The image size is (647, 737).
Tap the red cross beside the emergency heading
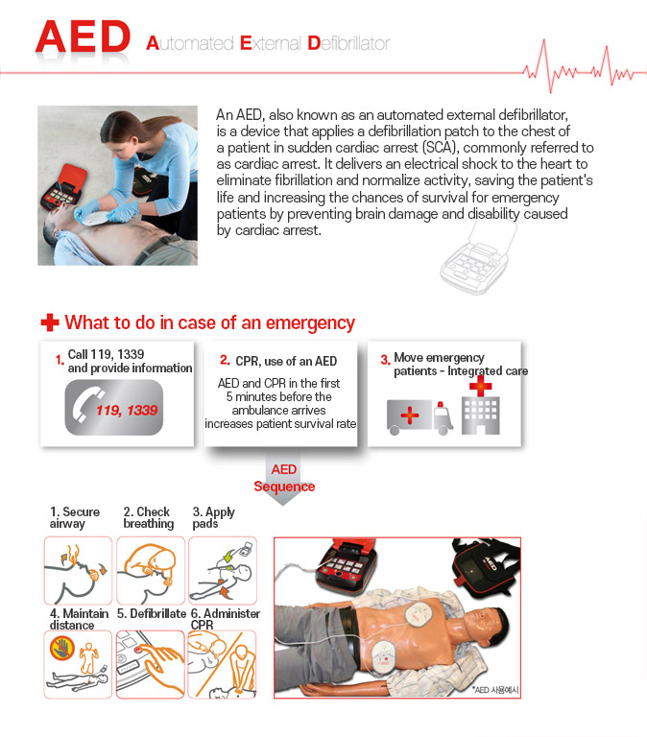(50, 323)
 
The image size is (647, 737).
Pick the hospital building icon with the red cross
(481, 408)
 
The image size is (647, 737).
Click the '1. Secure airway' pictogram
(79, 570)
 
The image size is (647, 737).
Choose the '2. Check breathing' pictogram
(151, 570)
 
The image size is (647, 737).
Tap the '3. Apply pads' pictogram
(222, 570)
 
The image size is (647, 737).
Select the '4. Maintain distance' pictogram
(79, 663)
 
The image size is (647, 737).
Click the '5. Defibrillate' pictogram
(151, 663)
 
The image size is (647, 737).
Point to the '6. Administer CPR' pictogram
(222, 663)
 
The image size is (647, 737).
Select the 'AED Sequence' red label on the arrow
(284, 478)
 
